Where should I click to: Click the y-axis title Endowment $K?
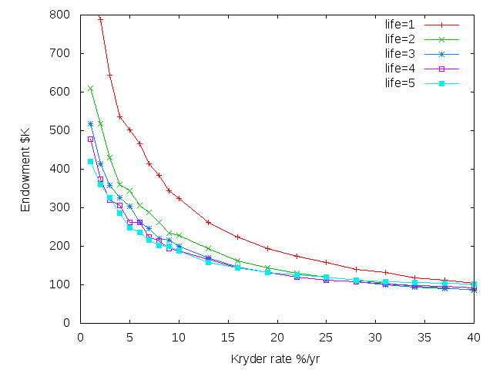(x=25, y=169)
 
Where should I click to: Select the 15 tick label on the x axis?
(x=228, y=336)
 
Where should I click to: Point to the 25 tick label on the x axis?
(x=327, y=336)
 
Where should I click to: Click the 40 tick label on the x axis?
(x=475, y=336)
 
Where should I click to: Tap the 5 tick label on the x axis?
(x=130, y=336)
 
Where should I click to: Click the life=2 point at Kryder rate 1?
(x=91, y=89)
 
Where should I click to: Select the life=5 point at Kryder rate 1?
(x=91, y=161)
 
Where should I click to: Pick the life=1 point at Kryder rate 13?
(x=209, y=222)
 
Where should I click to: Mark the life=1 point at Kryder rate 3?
(x=110, y=75)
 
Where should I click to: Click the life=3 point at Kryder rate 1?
(x=91, y=123)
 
